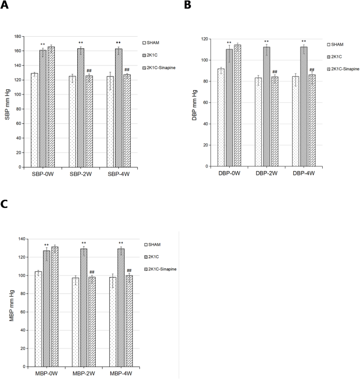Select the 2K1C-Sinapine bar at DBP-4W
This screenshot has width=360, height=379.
click(312, 121)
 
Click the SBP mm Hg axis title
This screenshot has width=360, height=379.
click(8, 102)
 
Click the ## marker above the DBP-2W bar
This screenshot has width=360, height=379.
click(274, 71)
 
